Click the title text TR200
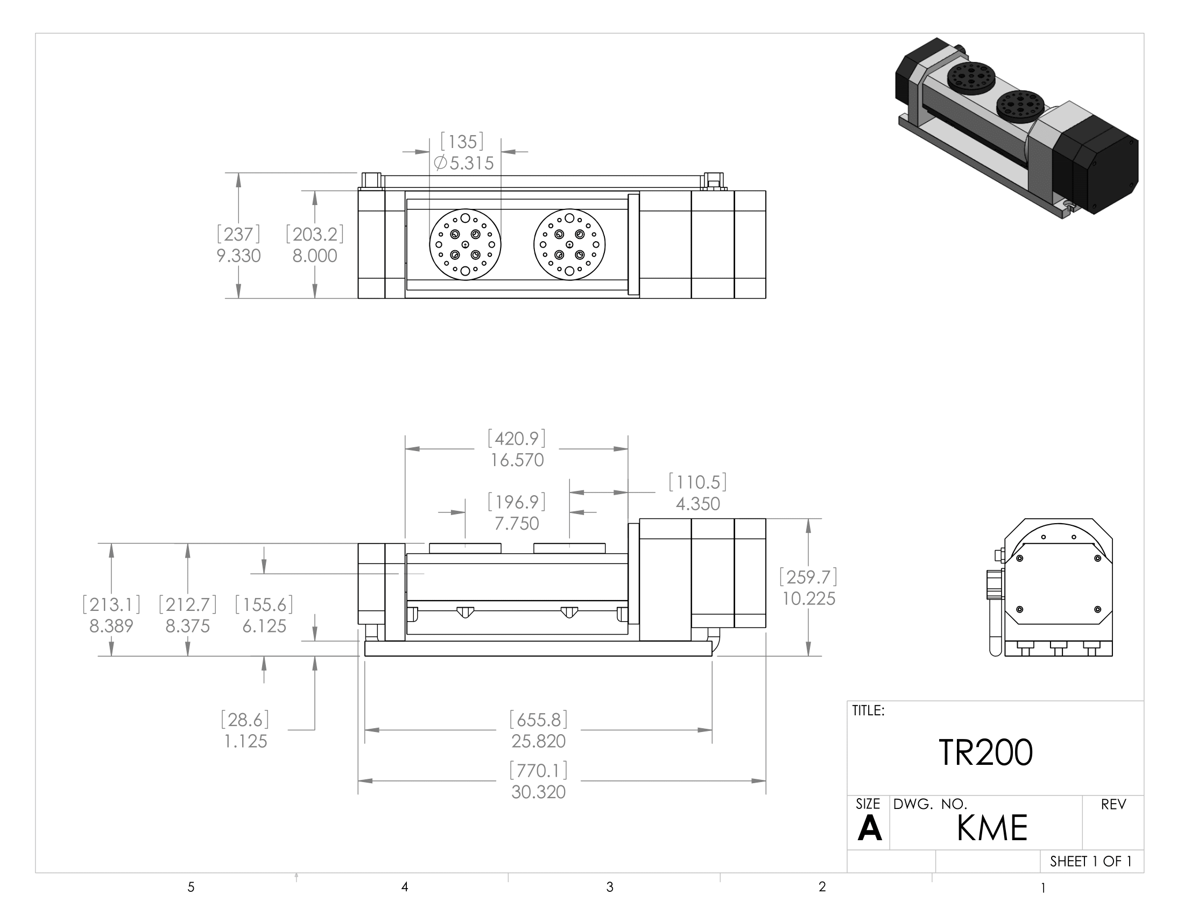[985, 753]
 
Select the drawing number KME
[991, 828]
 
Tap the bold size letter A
[869, 829]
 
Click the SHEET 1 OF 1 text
[1090, 861]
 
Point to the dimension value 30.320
[538, 792]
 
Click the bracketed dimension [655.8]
[538, 720]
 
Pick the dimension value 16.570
[517, 460]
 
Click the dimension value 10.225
[808, 599]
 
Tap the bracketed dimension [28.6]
[245, 720]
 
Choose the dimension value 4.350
[697, 504]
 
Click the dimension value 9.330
[238, 256]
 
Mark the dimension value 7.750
[517, 524]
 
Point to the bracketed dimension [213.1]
[111, 604]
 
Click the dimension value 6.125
[264, 626]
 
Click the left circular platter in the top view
[465, 245]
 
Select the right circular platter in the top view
[569, 245]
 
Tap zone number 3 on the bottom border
[610, 888]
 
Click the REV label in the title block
[1113, 805]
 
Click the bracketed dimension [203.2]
[315, 234]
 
